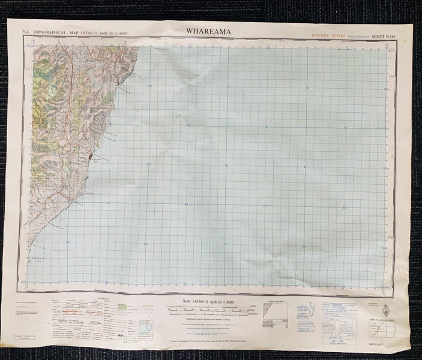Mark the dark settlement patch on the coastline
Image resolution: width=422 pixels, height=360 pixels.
pyautogui.click(x=90, y=158)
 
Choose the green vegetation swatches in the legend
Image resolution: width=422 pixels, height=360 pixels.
pyautogui.click(x=122, y=307)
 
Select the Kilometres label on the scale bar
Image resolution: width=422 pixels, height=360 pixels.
pyautogui.click(x=252, y=314)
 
